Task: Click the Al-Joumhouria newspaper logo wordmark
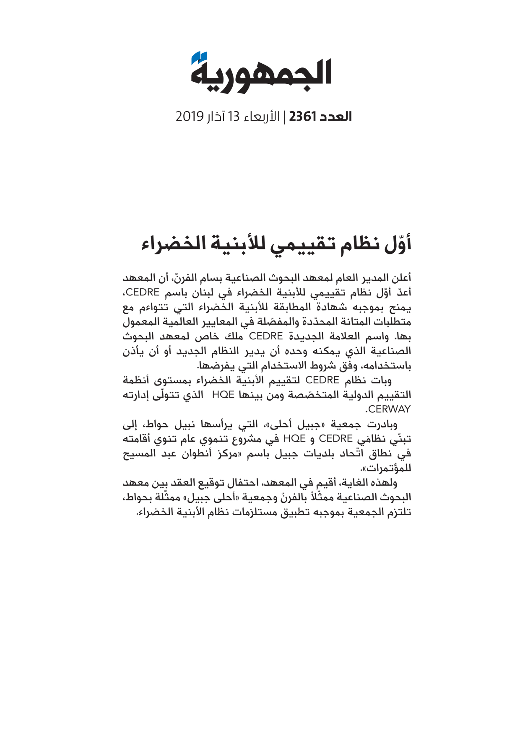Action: (x=261, y=75)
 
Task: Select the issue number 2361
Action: (x=302, y=116)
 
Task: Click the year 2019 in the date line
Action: (x=190, y=116)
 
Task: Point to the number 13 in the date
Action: (x=233, y=116)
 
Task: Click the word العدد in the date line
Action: (x=335, y=116)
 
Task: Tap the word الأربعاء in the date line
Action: (x=261, y=116)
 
